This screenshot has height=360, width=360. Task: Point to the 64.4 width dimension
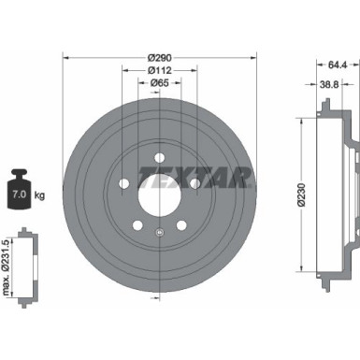tap(324, 64)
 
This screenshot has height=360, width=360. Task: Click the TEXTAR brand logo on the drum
tap(205, 176)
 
